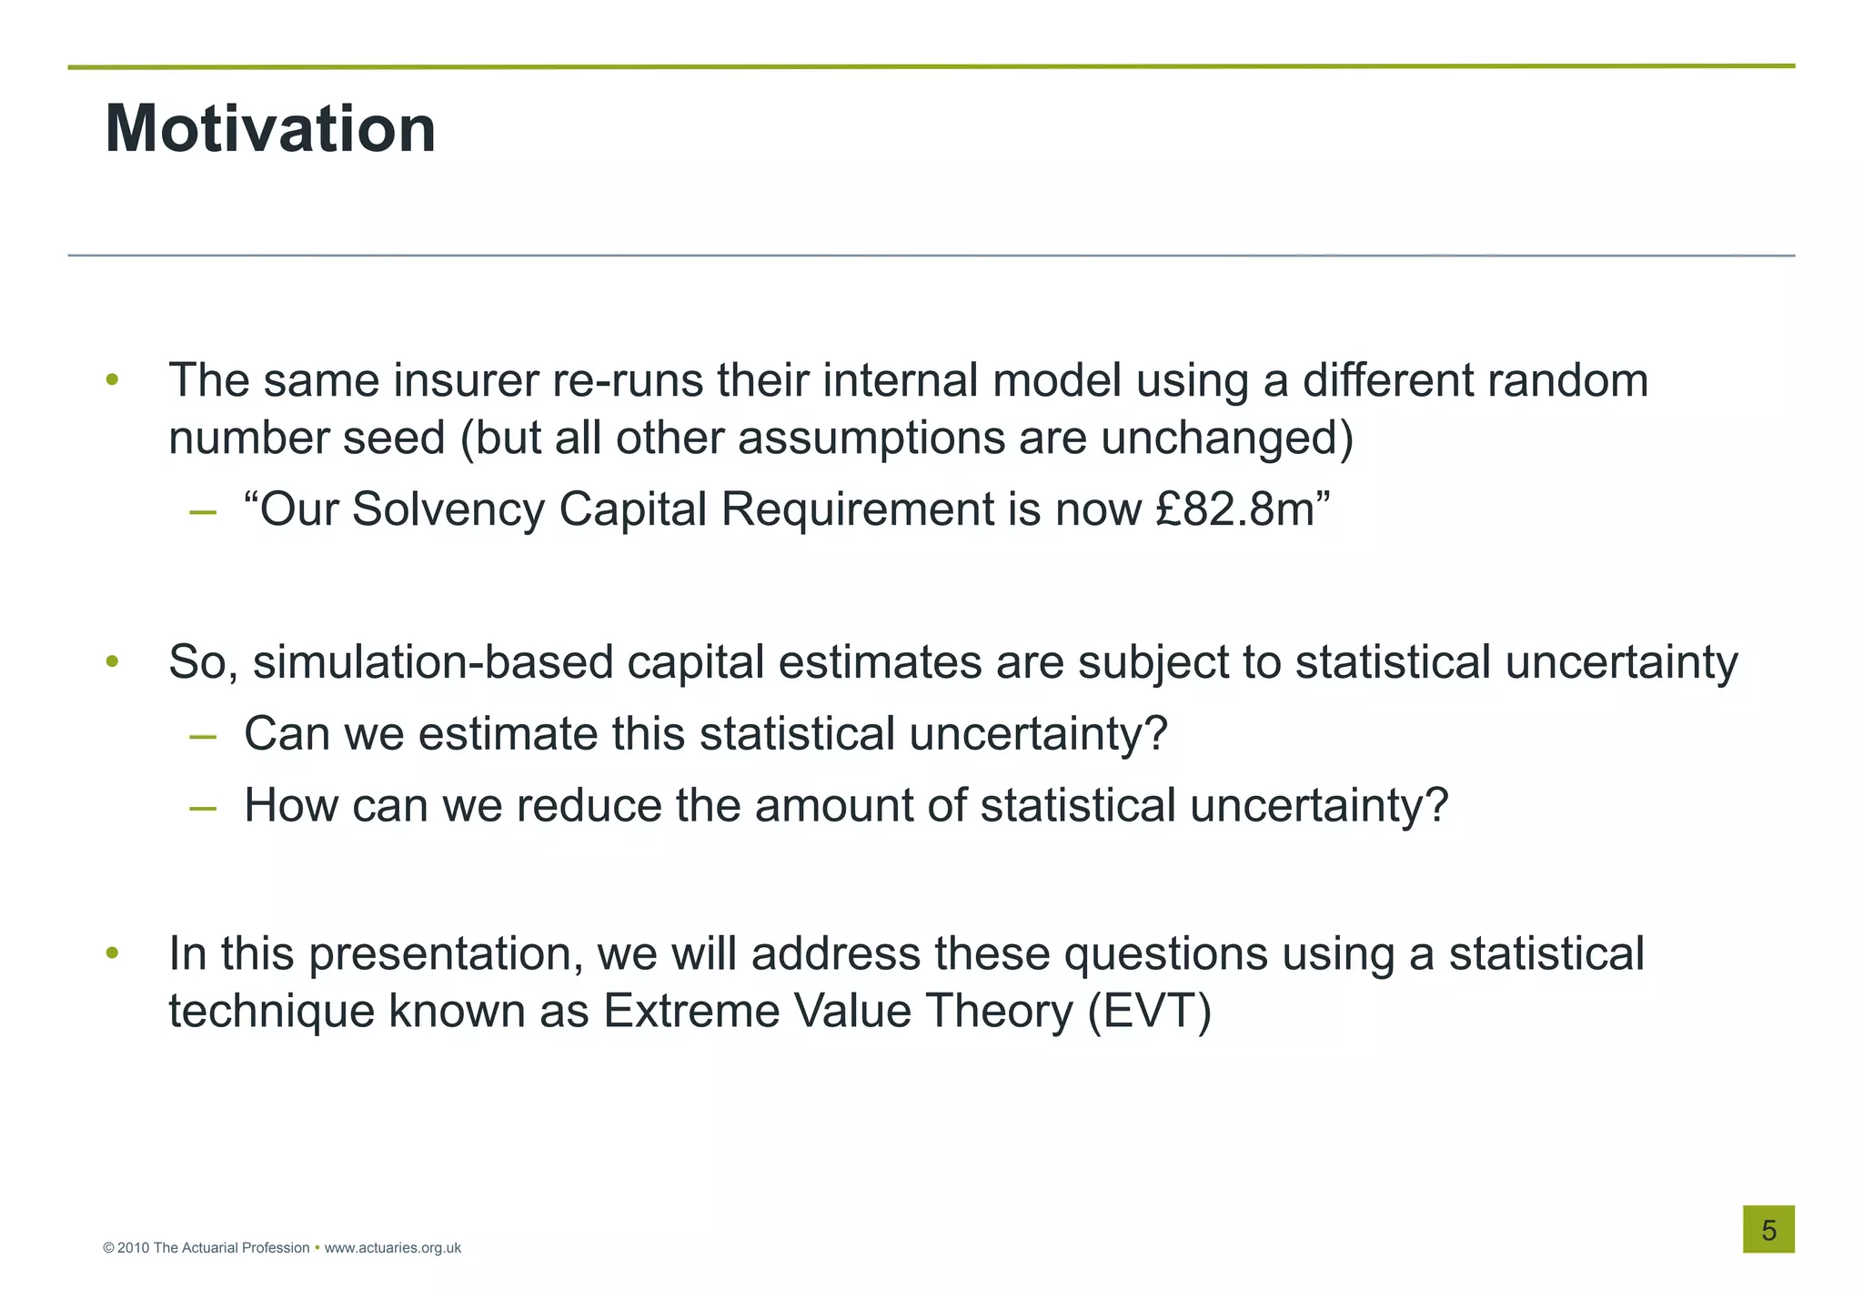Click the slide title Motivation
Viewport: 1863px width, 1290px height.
pos(270,129)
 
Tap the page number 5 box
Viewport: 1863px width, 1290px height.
pos(1767,1229)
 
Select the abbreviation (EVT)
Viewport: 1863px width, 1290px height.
pos(1150,1011)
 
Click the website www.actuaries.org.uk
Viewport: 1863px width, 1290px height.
pos(392,1248)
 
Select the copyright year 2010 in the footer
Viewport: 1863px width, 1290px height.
pos(133,1248)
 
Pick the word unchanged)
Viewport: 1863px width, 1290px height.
pos(1227,438)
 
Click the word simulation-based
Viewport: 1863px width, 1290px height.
pos(433,662)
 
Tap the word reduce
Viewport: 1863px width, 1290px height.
pos(589,806)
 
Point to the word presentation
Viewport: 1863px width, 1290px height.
pos(446,954)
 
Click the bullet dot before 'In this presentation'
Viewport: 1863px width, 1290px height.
pos(112,952)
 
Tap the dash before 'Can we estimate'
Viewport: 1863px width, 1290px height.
pos(203,736)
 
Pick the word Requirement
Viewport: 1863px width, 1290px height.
pos(857,509)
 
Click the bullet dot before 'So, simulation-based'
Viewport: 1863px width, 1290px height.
pos(112,660)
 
